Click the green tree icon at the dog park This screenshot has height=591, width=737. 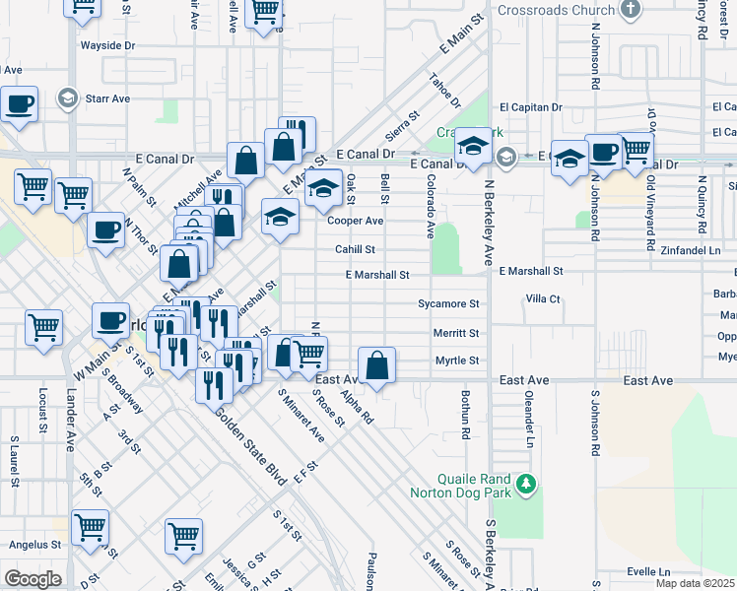[527, 483]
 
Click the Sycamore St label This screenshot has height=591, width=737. [448, 304]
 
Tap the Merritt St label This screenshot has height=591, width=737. [456, 333]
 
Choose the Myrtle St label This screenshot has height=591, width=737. [457, 361]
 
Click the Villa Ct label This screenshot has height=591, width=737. [543, 298]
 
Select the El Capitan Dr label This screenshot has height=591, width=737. [530, 107]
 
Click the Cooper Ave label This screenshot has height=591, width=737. [356, 221]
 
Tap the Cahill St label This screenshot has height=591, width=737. [355, 249]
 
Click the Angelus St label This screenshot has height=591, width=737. [34, 544]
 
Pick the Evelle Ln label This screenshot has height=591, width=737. [647, 571]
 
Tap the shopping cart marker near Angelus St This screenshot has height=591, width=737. [91, 528]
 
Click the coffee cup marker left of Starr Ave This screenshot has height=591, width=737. [19, 103]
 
